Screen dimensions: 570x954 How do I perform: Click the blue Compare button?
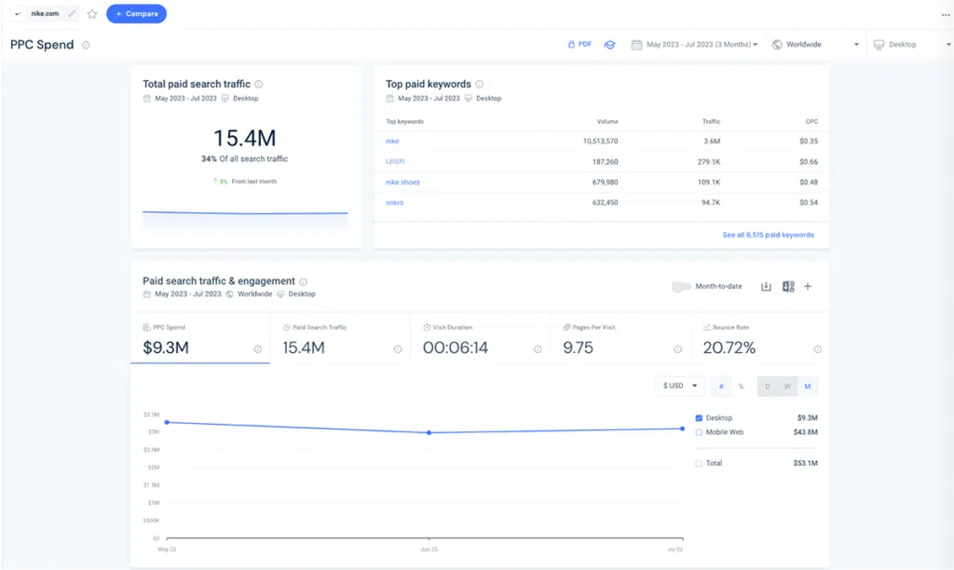tap(136, 14)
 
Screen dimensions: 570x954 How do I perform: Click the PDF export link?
tap(579, 45)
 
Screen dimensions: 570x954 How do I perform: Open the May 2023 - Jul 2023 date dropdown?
tap(694, 45)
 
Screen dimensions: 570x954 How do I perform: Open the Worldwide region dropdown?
tap(815, 45)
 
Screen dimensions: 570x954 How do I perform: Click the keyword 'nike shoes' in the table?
tap(402, 182)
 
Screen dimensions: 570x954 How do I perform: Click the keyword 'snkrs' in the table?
tap(395, 202)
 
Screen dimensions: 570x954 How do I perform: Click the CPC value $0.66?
tap(808, 162)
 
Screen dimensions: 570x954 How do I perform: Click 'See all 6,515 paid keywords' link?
tap(768, 235)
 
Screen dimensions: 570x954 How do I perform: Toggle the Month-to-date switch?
tap(681, 287)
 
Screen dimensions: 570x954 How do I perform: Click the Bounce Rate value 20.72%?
tap(729, 348)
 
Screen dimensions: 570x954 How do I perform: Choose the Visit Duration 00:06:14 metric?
tap(456, 348)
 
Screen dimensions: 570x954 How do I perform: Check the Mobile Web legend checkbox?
tap(700, 432)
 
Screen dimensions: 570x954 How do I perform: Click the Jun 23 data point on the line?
tap(429, 432)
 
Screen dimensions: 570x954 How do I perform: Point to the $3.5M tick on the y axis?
tap(151, 414)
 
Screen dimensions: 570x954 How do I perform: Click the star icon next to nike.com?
tap(92, 14)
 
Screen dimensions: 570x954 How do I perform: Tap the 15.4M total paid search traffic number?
tap(244, 139)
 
